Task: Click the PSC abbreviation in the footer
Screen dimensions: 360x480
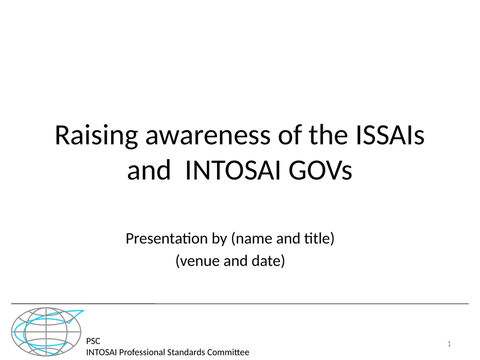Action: pyautogui.click(x=93, y=341)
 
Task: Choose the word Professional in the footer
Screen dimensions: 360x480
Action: pyautogui.click(x=142, y=352)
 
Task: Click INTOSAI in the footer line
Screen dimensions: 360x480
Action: pyautogui.click(x=101, y=352)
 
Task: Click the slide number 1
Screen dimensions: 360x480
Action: pyautogui.click(x=449, y=345)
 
